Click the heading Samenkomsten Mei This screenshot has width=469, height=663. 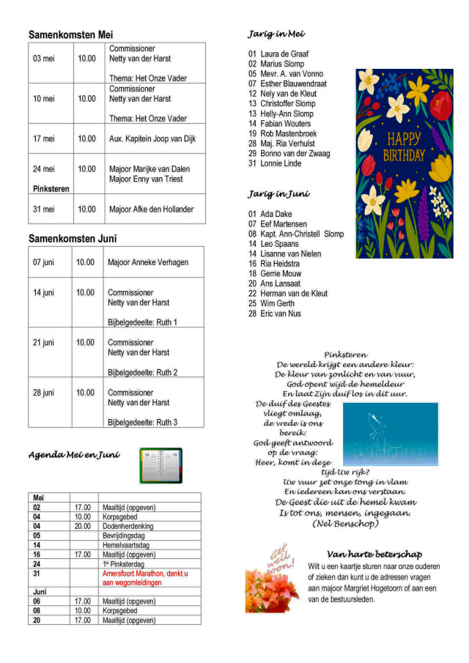70,34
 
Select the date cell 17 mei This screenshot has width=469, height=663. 43,138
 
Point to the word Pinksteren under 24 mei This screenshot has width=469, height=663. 51,189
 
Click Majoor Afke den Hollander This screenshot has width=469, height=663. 152,210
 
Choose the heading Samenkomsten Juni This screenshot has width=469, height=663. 73,239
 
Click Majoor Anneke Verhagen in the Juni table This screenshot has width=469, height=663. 148,262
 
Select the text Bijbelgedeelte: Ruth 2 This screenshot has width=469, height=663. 143,372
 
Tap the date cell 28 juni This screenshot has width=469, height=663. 43,393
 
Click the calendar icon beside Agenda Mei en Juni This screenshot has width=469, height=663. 160,466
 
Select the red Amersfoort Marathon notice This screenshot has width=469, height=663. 145,578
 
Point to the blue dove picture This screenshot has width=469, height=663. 390,434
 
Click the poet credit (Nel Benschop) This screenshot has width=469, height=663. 345,523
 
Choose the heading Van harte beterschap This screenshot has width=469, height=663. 374,554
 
